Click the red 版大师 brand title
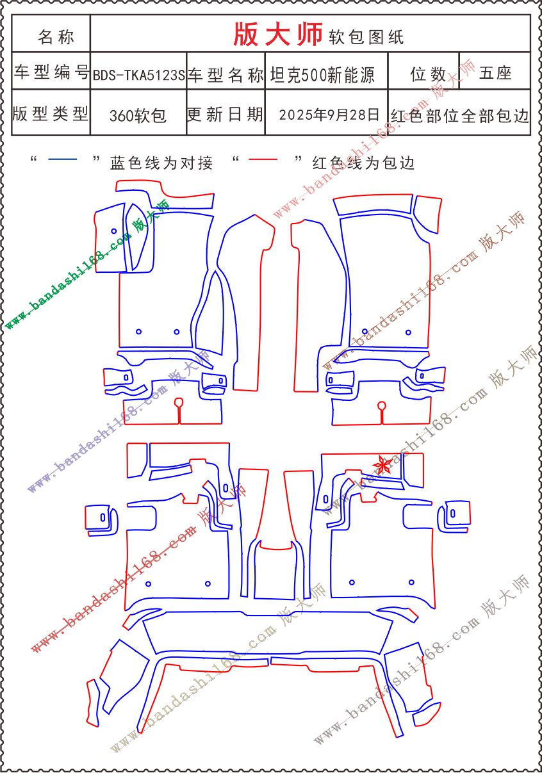click(x=278, y=34)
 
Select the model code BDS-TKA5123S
click(x=139, y=75)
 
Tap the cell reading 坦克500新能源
click(x=322, y=75)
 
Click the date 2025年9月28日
click(x=329, y=115)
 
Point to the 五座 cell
click(x=495, y=73)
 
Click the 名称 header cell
click(x=56, y=37)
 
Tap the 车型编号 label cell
click(x=51, y=72)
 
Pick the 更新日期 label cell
click(x=225, y=114)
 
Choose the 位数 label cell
click(x=428, y=74)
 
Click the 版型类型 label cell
click(x=51, y=113)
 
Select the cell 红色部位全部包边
click(x=459, y=116)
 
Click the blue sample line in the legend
click(x=63, y=159)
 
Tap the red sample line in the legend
click(x=263, y=159)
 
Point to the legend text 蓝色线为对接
click(x=161, y=163)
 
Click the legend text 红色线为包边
click(x=363, y=163)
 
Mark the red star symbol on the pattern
click(x=382, y=464)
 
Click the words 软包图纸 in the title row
click(x=366, y=37)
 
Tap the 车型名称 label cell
click(x=226, y=75)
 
